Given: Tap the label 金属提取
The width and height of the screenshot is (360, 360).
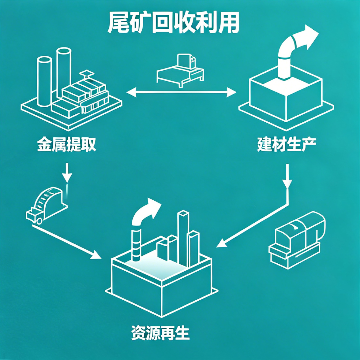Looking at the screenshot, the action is (x=66, y=144).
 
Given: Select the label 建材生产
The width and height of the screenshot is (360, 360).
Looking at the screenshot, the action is (x=287, y=144).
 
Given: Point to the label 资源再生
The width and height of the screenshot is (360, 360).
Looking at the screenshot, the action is (x=160, y=333).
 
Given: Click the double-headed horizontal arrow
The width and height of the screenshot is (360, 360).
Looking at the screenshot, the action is (x=181, y=92).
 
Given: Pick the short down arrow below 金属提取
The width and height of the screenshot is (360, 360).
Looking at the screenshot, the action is (x=67, y=173).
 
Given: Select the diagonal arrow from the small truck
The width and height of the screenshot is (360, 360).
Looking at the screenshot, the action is (x=67, y=242).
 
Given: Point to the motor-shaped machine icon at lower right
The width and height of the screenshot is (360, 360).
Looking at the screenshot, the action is (x=297, y=240).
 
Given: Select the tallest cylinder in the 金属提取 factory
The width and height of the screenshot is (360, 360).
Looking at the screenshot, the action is (x=64, y=72).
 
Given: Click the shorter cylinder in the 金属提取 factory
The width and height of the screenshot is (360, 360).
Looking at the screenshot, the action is (x=45, y=81).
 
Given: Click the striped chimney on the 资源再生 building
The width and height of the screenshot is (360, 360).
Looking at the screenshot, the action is (x=136, y=246).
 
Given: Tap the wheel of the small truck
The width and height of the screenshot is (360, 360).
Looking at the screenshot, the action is (x=39, y=221).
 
